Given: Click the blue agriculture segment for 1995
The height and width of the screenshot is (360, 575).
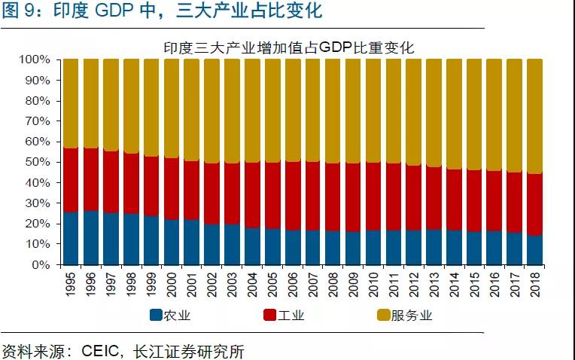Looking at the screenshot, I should coord(71,238).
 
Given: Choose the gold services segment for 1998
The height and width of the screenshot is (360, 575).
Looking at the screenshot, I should coord(131,106).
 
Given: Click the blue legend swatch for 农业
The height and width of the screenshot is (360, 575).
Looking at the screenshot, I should coord(156,316).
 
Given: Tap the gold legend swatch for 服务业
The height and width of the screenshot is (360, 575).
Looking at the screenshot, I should coord(382,316).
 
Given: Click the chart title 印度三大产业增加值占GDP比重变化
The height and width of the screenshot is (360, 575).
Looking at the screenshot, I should coord(290,47).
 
